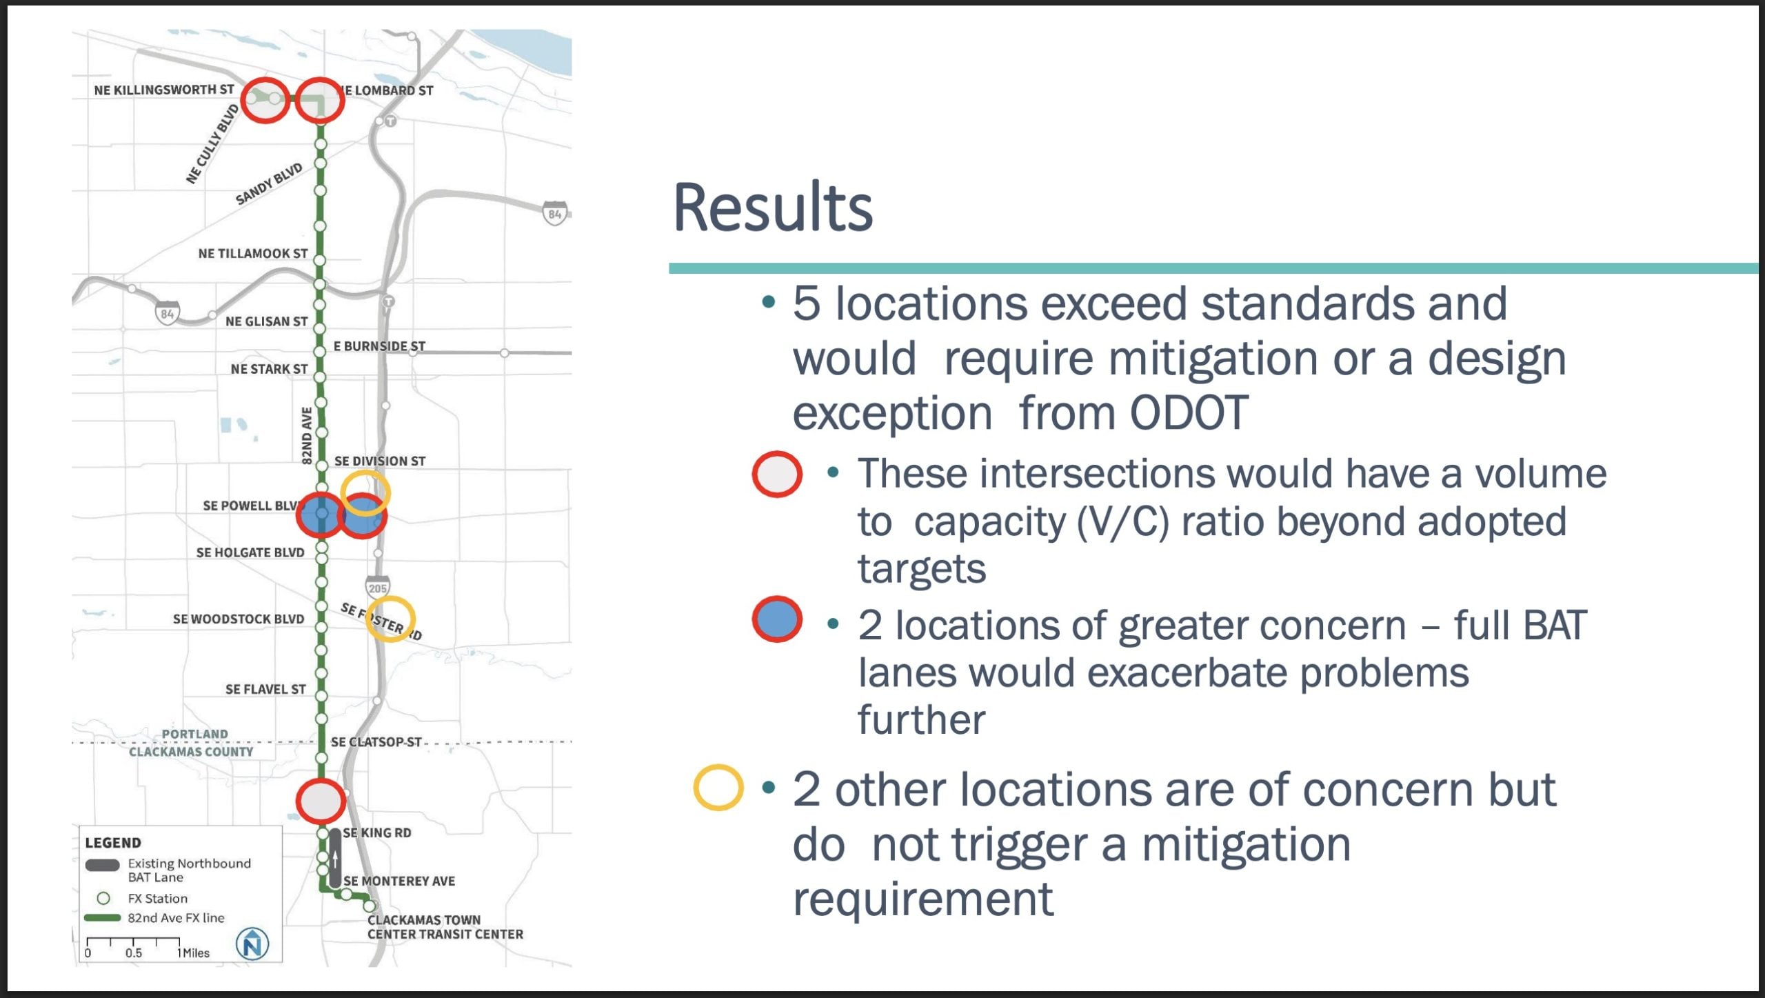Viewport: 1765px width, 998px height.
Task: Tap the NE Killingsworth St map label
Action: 164,90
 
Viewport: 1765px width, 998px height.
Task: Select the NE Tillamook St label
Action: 253,253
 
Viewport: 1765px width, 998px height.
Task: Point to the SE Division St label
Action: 380,461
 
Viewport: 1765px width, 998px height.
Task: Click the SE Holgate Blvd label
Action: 250,552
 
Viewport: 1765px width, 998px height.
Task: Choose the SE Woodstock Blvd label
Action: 239,619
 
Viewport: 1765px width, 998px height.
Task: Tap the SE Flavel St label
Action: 265,689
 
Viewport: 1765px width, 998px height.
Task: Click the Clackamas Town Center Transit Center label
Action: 445,927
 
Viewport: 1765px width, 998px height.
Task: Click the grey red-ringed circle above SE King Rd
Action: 321,801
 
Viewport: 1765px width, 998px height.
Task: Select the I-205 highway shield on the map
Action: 377,587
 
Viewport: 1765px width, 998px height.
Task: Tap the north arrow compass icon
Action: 252,943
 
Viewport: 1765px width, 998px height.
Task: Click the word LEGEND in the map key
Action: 113,842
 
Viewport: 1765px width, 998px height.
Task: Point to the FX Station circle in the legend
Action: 103,898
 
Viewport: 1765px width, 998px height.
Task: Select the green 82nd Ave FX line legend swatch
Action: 103,917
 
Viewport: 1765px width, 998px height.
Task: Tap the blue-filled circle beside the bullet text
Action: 777,619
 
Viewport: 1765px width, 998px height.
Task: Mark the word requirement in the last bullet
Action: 923,899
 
